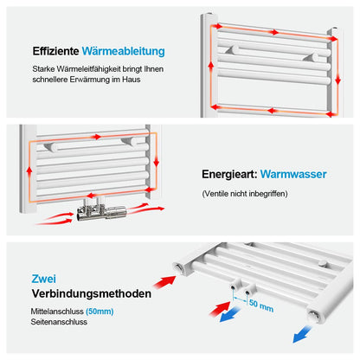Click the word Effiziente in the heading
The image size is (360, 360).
pos(55,51)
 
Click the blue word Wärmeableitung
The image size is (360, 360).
pos(124,51)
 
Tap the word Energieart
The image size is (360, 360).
pos(229,174)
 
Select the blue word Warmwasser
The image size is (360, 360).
pos(293,174)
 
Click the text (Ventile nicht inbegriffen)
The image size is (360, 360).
pos(245,194)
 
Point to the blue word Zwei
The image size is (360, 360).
pos(44,279)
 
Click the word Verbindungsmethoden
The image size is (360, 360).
pos(92,293)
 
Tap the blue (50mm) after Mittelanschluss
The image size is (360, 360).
pos(100,312)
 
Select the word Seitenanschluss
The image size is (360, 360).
pos(59,322)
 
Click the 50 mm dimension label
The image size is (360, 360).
pos(261,305)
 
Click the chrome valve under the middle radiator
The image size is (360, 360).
pos(101,210)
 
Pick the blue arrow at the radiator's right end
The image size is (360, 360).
pos(302,334)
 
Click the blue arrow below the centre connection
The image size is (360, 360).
pos(230,314)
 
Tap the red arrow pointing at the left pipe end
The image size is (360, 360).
pos(164,282)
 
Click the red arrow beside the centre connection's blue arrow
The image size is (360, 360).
pos(220,309)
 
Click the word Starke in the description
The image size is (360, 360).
pos(43,69)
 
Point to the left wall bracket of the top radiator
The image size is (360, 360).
pos(233,50)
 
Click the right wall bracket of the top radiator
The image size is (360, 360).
pos(312,56)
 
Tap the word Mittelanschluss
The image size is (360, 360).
pos(57,312)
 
